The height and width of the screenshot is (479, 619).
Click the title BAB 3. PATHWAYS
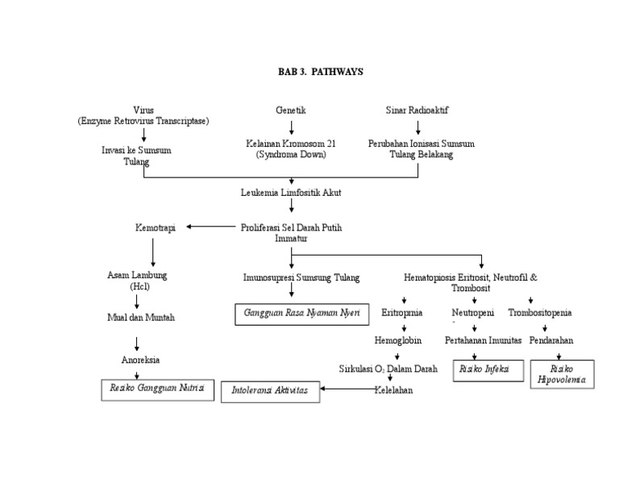(x=321, y=72)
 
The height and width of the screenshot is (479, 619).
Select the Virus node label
(x=143, y=110)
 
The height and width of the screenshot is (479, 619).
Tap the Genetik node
(x=291, y=110)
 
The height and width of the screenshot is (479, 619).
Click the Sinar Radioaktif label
(x=418, y=110)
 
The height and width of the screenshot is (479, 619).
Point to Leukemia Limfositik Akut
(x=291, y=194)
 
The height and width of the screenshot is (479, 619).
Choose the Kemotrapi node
(x=155, y=228)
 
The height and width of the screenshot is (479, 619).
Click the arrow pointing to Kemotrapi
(x=210, y=227)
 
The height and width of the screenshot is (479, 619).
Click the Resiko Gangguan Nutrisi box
(x=157, y=389)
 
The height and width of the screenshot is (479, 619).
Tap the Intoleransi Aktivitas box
(x=270, y=391)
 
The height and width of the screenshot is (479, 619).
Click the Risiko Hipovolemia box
(x=563, y=375)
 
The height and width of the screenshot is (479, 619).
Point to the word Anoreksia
(x=139, y=360)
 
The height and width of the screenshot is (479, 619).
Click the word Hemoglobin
(x=398, y=341)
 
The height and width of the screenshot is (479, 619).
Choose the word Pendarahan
(x=551, y=341)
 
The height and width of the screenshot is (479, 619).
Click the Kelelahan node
(x=393, y=390)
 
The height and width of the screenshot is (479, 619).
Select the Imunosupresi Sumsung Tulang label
(x=290, y=277)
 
